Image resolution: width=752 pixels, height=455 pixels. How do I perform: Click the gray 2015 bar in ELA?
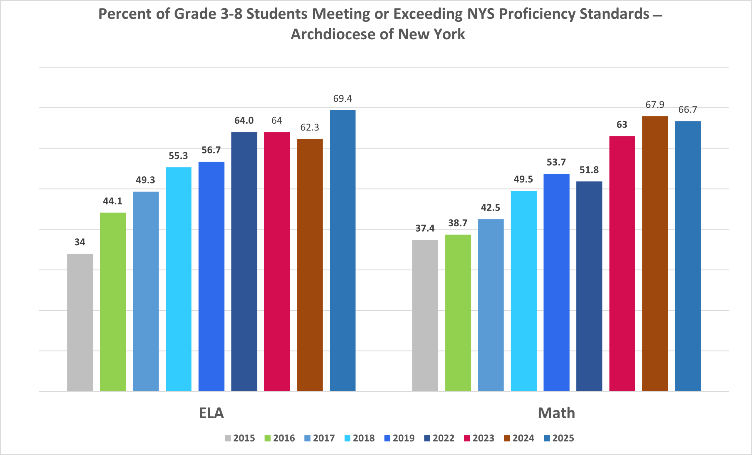80,322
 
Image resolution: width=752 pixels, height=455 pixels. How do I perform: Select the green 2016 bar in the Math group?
458,313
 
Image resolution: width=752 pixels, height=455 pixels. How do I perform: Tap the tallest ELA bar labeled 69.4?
343,250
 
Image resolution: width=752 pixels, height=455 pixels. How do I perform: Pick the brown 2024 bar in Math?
655,253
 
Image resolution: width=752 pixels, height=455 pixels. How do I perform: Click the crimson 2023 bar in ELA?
277,261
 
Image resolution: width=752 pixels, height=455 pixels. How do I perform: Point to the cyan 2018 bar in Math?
524,291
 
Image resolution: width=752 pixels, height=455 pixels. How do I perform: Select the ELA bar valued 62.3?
310,265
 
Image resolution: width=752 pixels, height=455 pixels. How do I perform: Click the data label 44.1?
112,201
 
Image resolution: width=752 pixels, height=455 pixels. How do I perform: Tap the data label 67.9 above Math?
655,105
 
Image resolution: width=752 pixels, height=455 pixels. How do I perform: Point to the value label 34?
80,242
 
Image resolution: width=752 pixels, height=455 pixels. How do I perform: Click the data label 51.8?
589,170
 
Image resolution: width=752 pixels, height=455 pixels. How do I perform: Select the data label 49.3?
145,180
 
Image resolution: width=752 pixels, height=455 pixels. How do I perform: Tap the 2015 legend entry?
240,438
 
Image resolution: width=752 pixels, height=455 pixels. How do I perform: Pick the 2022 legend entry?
439,438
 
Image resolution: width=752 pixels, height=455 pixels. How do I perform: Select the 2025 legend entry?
559,438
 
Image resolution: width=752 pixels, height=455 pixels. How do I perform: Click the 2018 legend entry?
360,438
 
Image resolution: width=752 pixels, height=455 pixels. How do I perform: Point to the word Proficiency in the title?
537,14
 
